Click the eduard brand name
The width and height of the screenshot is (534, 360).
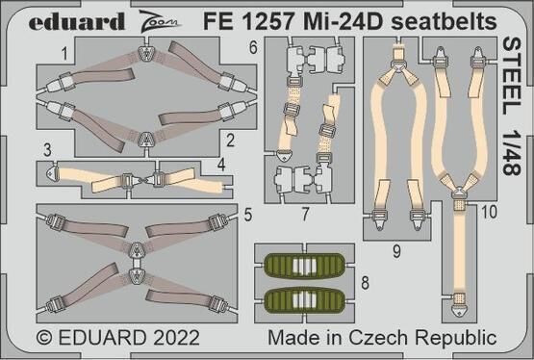coord(76,21)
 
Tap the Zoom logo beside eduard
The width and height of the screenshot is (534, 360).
coord(160,21)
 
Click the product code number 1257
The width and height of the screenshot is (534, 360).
coord(267,21)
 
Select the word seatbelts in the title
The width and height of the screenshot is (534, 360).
coord(444,21)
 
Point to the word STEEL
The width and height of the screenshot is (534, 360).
coord(512,77)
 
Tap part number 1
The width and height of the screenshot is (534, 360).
coord(64,54)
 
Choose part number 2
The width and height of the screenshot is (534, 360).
coord(231,141)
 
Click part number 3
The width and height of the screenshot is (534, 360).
coord(47,150)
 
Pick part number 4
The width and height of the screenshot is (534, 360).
coord(221,165)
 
